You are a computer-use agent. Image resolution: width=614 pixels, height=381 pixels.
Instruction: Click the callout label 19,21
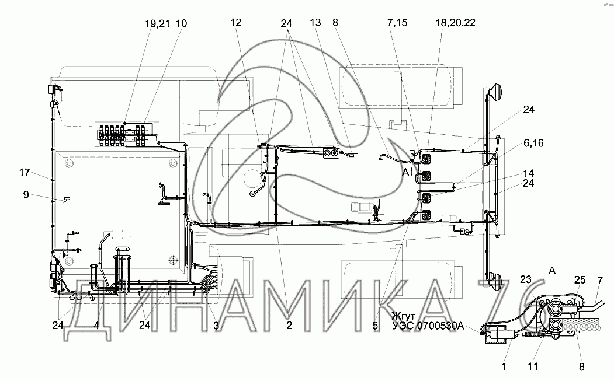[157, 24]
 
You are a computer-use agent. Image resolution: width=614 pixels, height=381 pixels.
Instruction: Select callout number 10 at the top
[181, 24]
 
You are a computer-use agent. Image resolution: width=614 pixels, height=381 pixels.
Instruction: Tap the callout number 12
[236, 23]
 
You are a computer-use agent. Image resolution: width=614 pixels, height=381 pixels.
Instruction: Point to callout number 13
[315, 23]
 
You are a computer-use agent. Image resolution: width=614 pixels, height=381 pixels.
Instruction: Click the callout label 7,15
[397, 23]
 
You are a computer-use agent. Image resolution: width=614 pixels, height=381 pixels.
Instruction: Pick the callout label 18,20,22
[456, 23]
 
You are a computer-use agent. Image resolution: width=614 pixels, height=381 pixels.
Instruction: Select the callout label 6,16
[533, 143]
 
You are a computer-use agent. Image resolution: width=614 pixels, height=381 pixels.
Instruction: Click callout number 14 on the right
[528, 173]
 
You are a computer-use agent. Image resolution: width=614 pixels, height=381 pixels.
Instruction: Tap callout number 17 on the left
[25, 172]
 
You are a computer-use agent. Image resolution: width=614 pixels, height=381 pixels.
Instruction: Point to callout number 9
[26, 194]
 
